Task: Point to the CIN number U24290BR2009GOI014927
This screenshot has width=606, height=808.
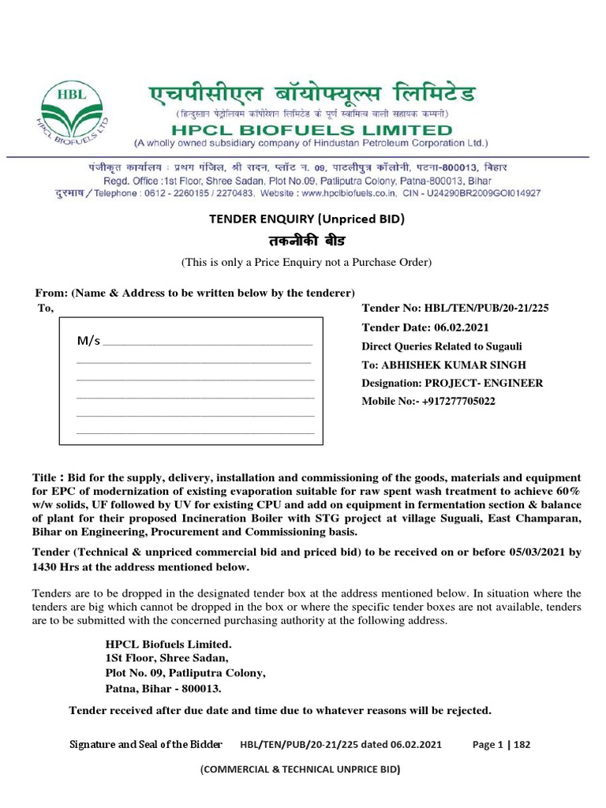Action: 486,193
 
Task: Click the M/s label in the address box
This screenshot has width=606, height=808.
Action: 88,341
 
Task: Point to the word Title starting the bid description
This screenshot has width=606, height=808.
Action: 43,479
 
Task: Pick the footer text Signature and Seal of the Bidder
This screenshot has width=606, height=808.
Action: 146,744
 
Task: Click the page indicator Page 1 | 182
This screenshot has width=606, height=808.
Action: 501,744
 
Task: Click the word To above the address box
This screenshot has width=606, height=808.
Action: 45,309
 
